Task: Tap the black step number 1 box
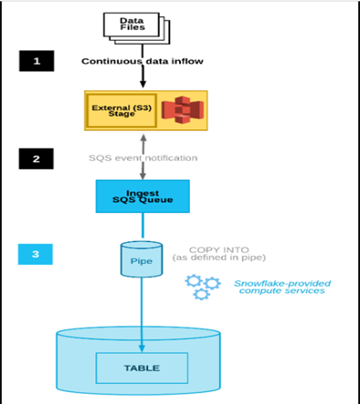[36, 61]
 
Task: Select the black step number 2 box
[36, 158]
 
